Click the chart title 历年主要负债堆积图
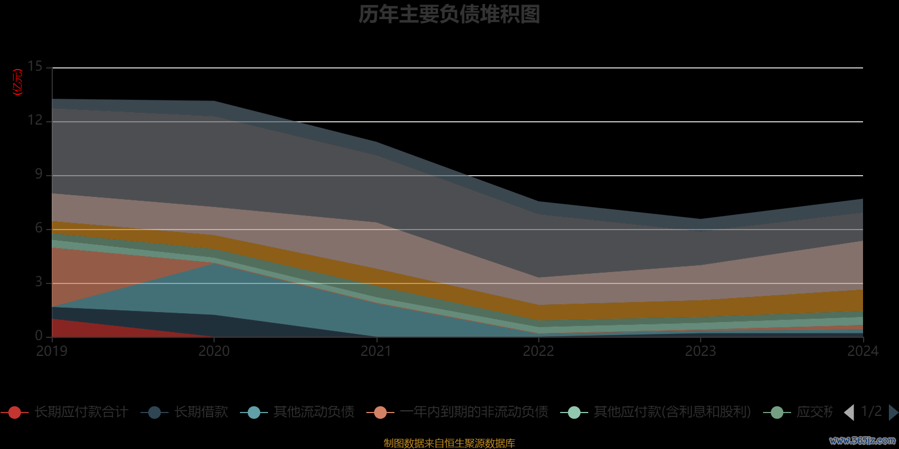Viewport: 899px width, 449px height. pyautogui.click(x=449, y=15)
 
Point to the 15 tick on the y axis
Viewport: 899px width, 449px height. pyautogui.click(x=35, y=67)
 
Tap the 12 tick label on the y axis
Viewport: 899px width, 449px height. pyautogui.click(x=35, y=121)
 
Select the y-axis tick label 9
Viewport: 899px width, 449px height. pyautogui.click(x=38, y=175)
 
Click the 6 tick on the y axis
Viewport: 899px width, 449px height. pyautogui.click(x=38, y=228)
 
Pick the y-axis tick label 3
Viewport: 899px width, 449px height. pyautogui.click(x=38, y=282)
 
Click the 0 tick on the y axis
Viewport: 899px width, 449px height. pyautogui.click(x=38, y=336)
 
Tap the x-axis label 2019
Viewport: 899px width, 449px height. pyautogui.click(x=52, y=351)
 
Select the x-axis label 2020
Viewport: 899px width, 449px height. pyautogui.click(x=214, y=351)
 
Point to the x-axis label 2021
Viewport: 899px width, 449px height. pyautogui.click(x=376, y=351)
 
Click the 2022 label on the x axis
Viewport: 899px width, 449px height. pyautogui.click(x=538, y=351)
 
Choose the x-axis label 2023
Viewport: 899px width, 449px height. pyautogui.click(x=700, y=351)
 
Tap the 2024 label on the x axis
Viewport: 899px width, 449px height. pyautogui.click(x=862, y=351)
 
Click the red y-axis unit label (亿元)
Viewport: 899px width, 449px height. pyautogui.click(x=18, y=82)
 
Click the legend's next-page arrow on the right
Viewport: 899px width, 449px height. pyautogui.click(x=893, y=413)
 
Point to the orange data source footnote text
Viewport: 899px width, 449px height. pyautogui.click(x=449, y=443)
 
